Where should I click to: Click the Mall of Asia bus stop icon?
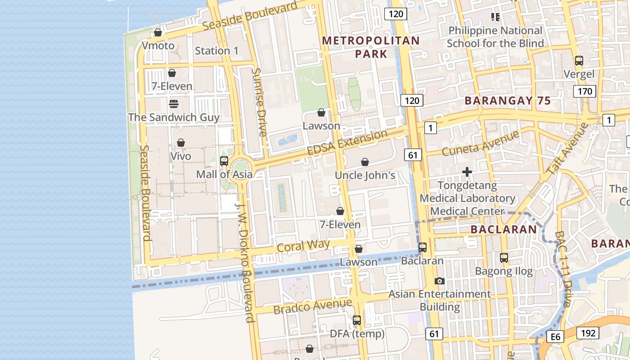coord(224,161)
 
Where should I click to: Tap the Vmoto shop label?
coord(158,45)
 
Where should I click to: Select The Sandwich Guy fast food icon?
coord(174,104)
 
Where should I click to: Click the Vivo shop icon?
coord(181,143)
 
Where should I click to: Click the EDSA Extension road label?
coord(347,143)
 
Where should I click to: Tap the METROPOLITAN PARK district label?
coord(371,47)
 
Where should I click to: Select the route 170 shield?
coord(585,92)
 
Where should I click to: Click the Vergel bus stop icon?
coord(579,60)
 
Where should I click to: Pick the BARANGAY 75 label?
coord(508,101)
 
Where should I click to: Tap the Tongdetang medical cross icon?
coord(467,172)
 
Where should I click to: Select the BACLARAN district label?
coord(504,229)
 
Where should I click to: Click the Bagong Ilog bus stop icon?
coord(504,258)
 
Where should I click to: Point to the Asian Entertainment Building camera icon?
coord(440,281)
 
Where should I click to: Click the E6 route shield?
coord(555,337)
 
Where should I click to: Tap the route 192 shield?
coord(588,333)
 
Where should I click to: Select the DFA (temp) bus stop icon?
coord(357,320)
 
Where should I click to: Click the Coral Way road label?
coord(303,246)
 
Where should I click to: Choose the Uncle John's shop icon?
coord(365,162)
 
